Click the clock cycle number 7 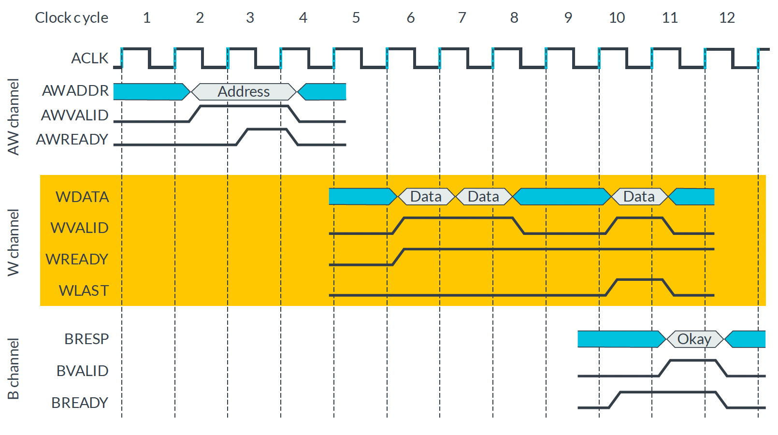point(462,18)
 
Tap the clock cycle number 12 point(727,18)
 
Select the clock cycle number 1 point(147,18)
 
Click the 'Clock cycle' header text point(72,18)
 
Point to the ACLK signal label point(89,58)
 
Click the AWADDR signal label point(75,91)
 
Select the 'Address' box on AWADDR point(244,92)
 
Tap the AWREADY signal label point(72,140)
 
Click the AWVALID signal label point(74,116)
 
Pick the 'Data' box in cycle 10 point(639,197)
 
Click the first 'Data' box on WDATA point(426,197)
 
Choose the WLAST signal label point(84,291)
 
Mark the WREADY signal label point(77,260)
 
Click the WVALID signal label point(79,228)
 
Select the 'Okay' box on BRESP point(694,339)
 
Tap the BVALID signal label point(82,371)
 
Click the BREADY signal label point(80,403)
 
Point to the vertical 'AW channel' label point(14,117)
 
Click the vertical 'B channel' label point(14,369)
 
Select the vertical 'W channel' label point(14,243)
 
